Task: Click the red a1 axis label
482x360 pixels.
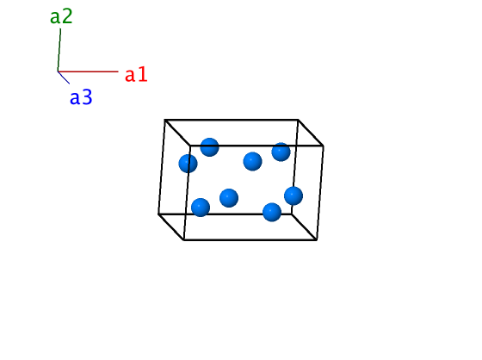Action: (136, 74)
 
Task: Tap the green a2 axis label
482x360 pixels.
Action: (61, 16)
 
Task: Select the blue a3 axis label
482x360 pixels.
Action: (81, 97)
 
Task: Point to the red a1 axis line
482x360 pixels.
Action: (88, 71)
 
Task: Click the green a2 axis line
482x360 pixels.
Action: (59, 50)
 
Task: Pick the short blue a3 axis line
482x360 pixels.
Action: (64, 78)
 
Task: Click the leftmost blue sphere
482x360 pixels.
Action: (188, 164)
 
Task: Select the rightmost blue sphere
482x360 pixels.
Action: (294, 196)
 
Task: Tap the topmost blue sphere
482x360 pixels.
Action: (210, 147)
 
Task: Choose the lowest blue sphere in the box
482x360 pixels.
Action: (272, 212)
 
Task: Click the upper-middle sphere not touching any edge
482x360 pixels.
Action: (252, 161)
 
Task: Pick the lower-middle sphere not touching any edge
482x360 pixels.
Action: (229, 198)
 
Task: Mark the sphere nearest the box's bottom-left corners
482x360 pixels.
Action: (201, 208)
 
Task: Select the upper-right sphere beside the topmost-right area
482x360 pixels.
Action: (281, 152)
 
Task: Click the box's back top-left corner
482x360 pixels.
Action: (164, 120)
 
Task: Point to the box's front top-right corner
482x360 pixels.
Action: (323, 146)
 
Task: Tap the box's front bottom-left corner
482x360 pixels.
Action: (183, 239)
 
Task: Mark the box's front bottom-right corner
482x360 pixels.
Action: (317, 239)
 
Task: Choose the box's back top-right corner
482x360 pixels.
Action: (298, 120)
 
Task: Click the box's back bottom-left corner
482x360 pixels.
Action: (158, 214)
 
